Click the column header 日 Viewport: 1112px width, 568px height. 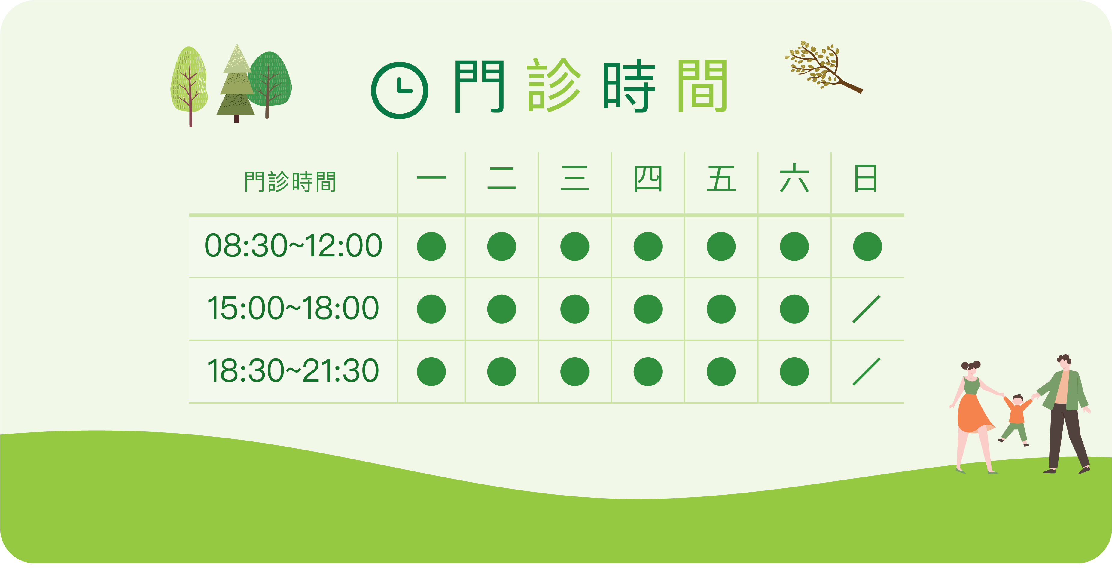pos(866,178)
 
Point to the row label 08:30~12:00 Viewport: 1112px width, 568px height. pos(293,246)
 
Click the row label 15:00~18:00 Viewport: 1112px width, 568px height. pos(293,309)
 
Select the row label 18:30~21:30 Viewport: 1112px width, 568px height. pos(293,371)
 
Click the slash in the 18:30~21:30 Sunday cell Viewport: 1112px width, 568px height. pos(867,371)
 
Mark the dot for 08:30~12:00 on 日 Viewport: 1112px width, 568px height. pos(867,247)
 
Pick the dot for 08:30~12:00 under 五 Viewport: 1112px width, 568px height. pos(721,247)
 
